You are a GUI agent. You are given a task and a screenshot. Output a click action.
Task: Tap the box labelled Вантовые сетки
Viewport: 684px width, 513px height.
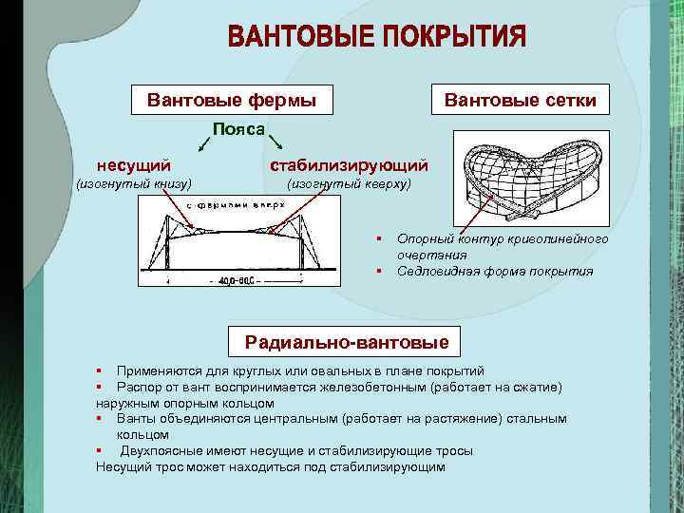[521, 99]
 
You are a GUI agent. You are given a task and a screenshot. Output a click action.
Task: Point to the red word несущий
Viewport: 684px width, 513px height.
[140, 165]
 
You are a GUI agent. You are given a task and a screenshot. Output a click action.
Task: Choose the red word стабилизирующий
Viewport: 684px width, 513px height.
[349, 165]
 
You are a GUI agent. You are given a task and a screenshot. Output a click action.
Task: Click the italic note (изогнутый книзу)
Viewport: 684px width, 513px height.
[134, 183]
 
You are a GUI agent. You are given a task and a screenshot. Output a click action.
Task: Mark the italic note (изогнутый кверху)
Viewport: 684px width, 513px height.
[348, 183]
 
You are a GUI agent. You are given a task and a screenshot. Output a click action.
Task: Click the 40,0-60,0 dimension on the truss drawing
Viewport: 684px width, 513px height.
[240, 281]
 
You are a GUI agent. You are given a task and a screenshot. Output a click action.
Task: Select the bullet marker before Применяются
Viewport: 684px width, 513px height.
[99, 369]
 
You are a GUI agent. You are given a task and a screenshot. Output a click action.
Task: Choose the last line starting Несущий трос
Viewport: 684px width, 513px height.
[271, 466]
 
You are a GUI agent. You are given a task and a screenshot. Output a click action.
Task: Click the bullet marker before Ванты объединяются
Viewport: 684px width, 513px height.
[99, 418]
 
